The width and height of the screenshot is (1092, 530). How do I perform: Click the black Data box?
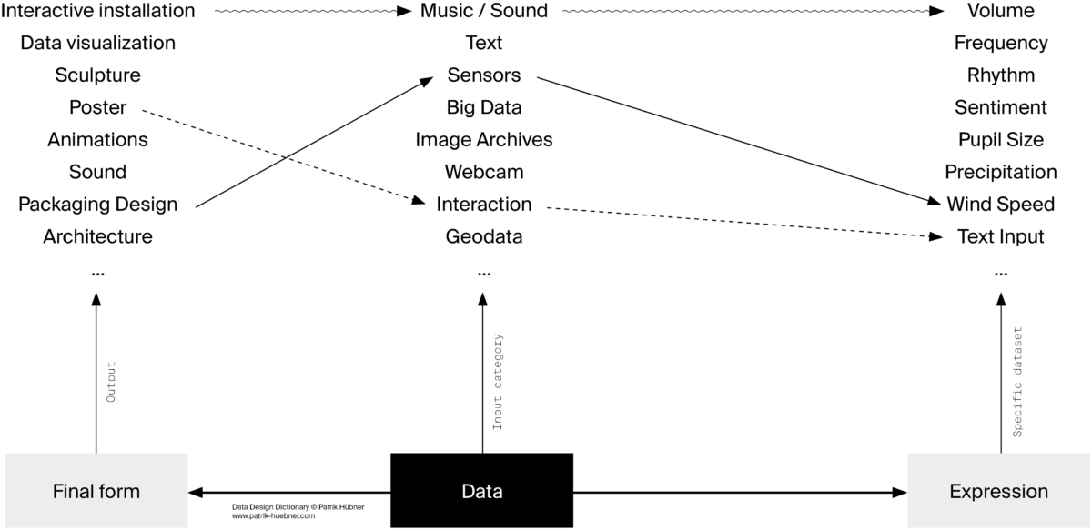[481, 491]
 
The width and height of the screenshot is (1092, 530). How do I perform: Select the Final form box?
[96, 491]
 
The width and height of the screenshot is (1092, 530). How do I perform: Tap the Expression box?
[998, 491]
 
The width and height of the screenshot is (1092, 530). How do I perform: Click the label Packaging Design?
[97, 204]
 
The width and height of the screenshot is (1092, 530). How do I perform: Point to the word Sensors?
[483, 75]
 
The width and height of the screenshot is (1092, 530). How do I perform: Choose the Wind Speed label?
[1000, 204]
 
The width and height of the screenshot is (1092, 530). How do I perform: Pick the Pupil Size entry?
[1000, 139]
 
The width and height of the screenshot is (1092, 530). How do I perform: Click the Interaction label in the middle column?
[483, 204]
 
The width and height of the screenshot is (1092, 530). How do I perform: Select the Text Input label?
[1000, 236]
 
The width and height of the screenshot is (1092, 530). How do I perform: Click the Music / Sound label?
[483, 11]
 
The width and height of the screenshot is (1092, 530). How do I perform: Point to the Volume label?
[1000, 11]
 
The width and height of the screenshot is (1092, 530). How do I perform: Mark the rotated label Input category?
[498, 382]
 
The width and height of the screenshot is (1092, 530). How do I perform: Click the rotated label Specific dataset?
[1017, 382]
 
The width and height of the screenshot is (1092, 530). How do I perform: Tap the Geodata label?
[483, 236]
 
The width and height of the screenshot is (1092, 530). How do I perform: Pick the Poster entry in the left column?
[97, 107]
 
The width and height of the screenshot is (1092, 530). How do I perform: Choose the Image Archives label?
[483, 139]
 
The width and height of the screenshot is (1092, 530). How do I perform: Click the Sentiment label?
[1000, 107]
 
